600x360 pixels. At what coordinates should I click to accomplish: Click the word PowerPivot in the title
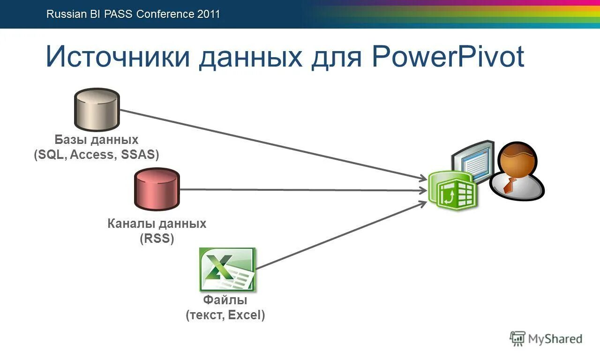(448, 57)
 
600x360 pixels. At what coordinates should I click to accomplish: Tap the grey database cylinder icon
(97, 110)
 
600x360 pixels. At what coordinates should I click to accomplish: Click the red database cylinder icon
(157, 189)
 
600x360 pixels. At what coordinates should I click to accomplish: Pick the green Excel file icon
(227, 269)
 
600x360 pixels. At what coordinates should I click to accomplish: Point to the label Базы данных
(97, 140)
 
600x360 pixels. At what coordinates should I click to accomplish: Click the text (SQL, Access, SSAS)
(97, 155)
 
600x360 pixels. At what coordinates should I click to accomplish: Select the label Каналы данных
(157, 224)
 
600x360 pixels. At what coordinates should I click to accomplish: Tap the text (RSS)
(157, 239)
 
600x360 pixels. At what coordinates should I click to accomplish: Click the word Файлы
(225, 300)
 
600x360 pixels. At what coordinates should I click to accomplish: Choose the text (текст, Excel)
(225, 315)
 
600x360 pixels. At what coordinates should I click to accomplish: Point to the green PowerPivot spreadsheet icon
(452, 189)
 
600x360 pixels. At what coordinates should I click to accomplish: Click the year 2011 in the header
(209, 14)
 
